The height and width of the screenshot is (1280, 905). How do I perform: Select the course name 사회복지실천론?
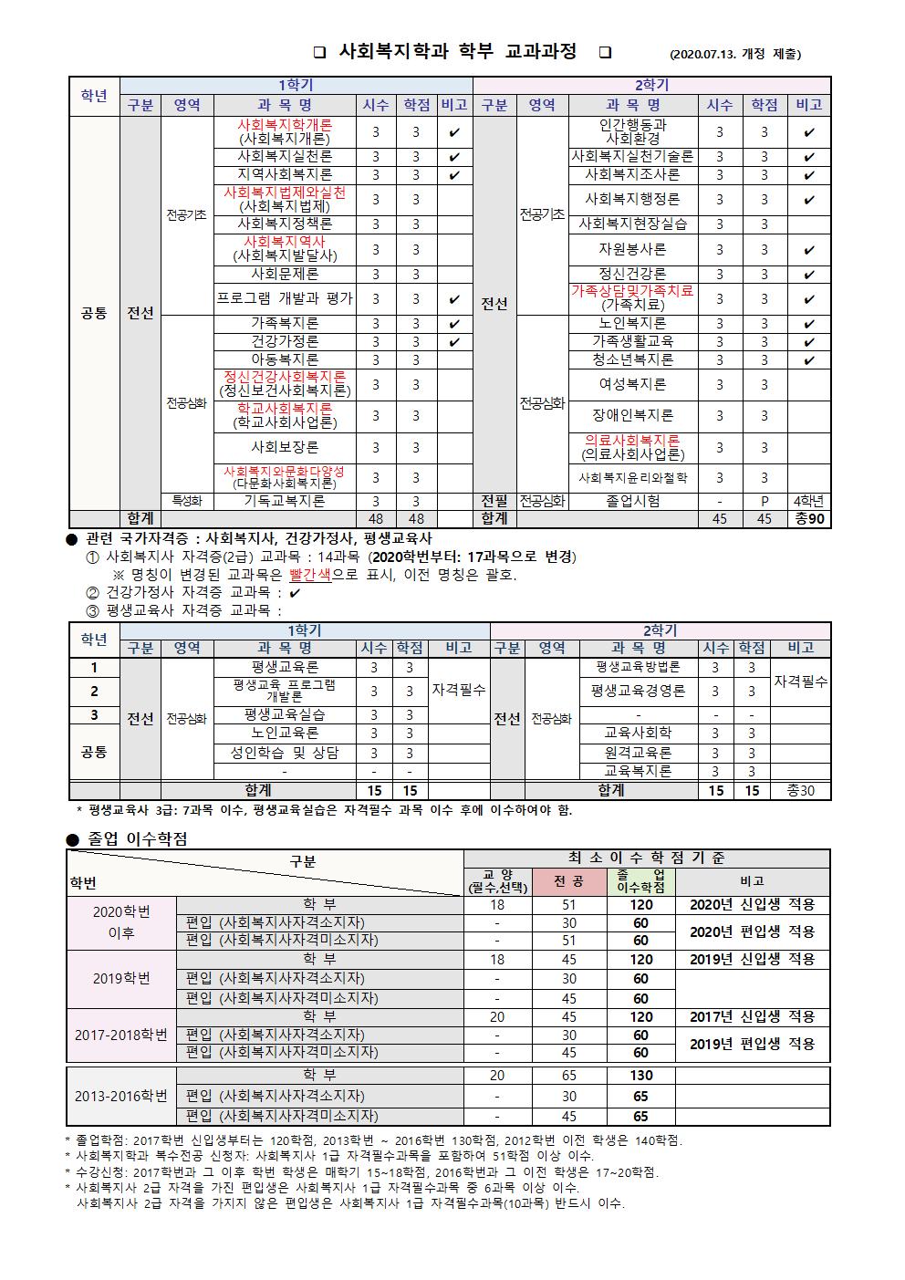(285, 156)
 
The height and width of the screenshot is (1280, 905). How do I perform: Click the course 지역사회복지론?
(285, 174)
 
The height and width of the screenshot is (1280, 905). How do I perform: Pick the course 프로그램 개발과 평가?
(285, 298)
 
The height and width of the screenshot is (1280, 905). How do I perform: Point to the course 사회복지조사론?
(632, 174)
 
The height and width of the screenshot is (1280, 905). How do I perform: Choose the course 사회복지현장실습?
(632, 224)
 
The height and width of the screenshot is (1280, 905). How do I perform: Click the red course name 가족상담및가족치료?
(632, 291)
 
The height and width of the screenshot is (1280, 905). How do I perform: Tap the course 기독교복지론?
(285, 501)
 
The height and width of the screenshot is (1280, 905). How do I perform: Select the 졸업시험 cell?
(632, 501)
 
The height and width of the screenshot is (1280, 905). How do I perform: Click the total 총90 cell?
(809, 518)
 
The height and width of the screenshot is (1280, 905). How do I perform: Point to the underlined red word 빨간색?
(310, 575)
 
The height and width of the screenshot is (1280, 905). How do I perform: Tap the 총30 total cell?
(800, 790)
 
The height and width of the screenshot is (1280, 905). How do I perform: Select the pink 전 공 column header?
(569, 881)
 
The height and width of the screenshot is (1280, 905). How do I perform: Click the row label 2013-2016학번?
(121, 1096)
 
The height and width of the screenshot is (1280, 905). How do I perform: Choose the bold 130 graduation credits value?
(640, 1076)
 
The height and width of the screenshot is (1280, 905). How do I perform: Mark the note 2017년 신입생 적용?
(752, 1016)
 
